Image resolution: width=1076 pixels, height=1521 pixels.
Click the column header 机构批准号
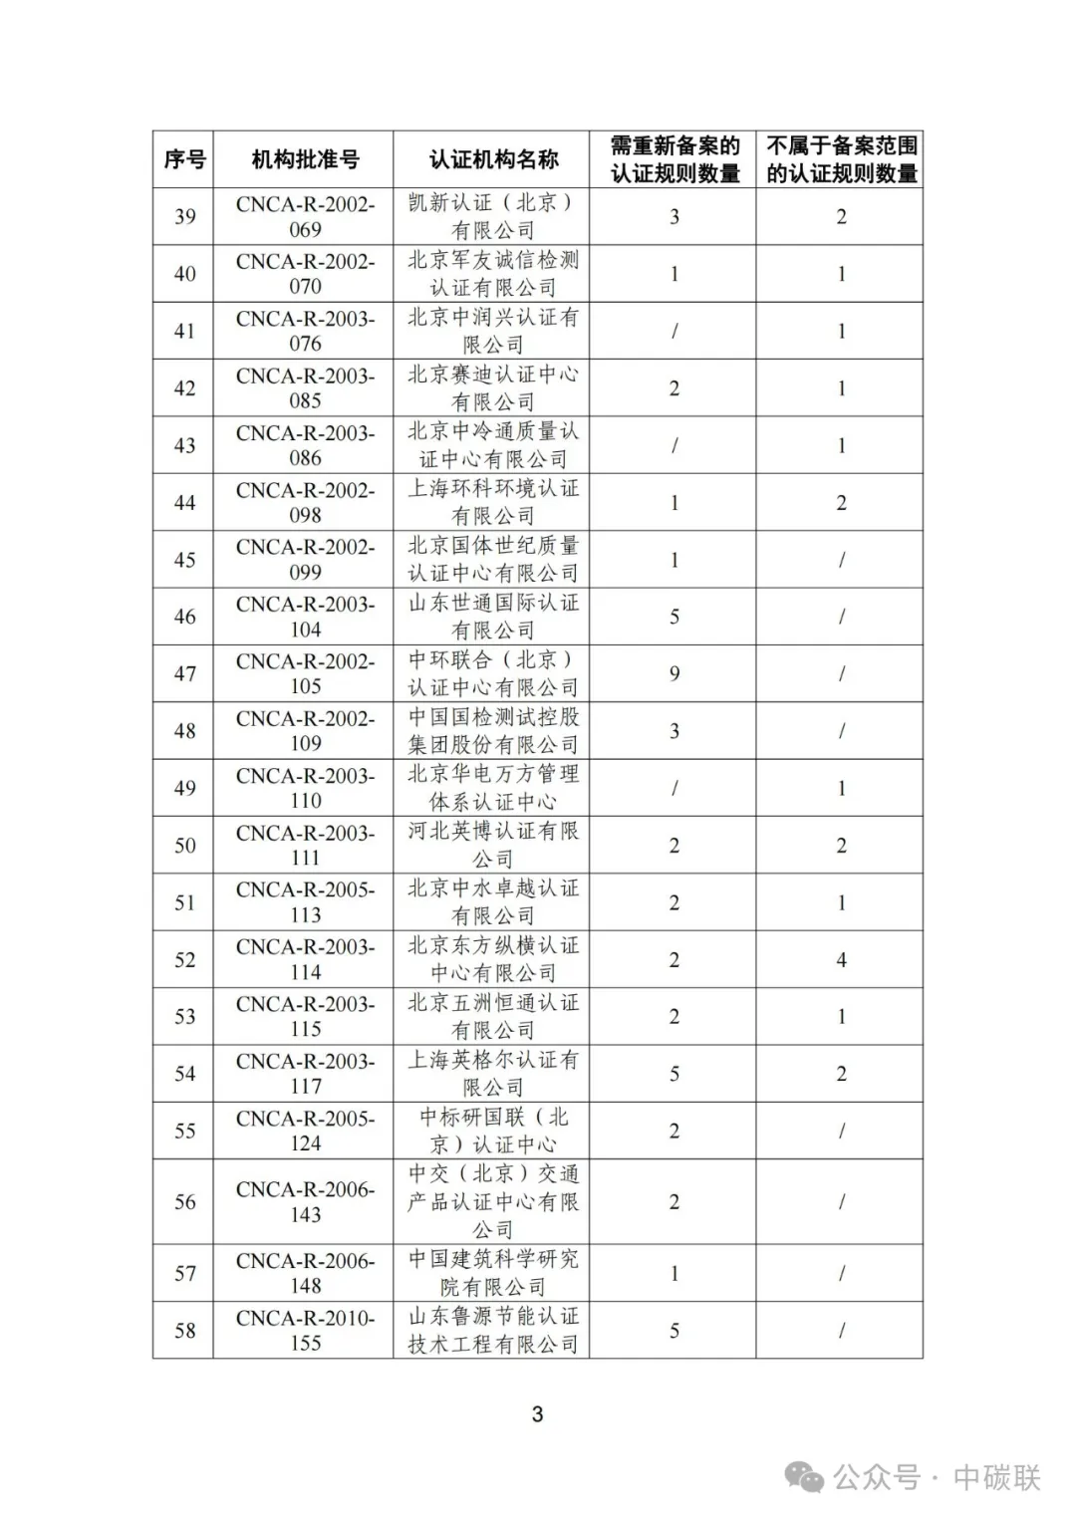point(304,159)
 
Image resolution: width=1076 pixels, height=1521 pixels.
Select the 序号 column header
point(184,159)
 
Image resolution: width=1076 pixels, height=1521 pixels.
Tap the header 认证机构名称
point(492,159)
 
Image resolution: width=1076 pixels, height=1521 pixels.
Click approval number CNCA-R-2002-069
point(305,216)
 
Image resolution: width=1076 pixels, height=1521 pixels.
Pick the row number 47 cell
point(184,673)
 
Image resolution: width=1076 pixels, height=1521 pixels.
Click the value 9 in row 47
point(673,673)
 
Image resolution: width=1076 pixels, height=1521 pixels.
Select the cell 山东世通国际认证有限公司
point(492,617)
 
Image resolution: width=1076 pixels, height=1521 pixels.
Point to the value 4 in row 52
point(841,959)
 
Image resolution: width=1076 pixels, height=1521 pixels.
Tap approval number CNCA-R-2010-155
point(305,1330)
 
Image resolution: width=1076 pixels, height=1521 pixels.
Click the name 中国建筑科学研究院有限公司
point(492,1272)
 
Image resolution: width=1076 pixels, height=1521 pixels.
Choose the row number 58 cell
point(184,1330)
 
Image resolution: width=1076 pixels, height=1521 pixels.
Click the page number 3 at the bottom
point(537,1413)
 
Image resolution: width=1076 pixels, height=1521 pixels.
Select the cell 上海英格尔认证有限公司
point(492,1073)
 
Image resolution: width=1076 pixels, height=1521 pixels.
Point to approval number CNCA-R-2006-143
point(305,1201)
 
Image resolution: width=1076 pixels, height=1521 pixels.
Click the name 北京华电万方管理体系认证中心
point(492,787)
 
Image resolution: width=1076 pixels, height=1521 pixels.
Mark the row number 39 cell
point(184,216)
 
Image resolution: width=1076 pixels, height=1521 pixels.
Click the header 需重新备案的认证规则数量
point(673,159)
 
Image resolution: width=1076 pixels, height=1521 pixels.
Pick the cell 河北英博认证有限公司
point(492,845)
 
